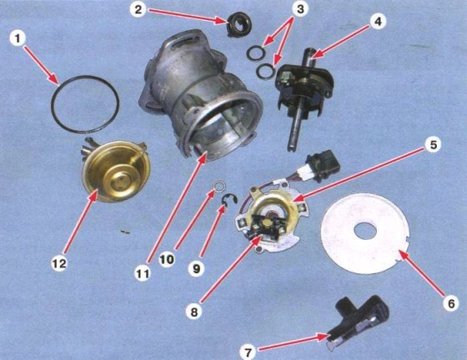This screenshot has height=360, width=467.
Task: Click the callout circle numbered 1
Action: tap(18, 39)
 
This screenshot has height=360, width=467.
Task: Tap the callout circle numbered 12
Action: tap(59, 263)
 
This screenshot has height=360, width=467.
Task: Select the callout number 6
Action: tap(451, 304)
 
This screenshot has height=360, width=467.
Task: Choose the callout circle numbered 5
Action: tap(433, 145)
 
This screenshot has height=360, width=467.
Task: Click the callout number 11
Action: tap(143, 274)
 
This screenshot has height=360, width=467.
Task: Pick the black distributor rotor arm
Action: tap(359, 322)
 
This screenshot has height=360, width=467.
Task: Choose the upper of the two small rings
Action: tap(255, 52)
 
